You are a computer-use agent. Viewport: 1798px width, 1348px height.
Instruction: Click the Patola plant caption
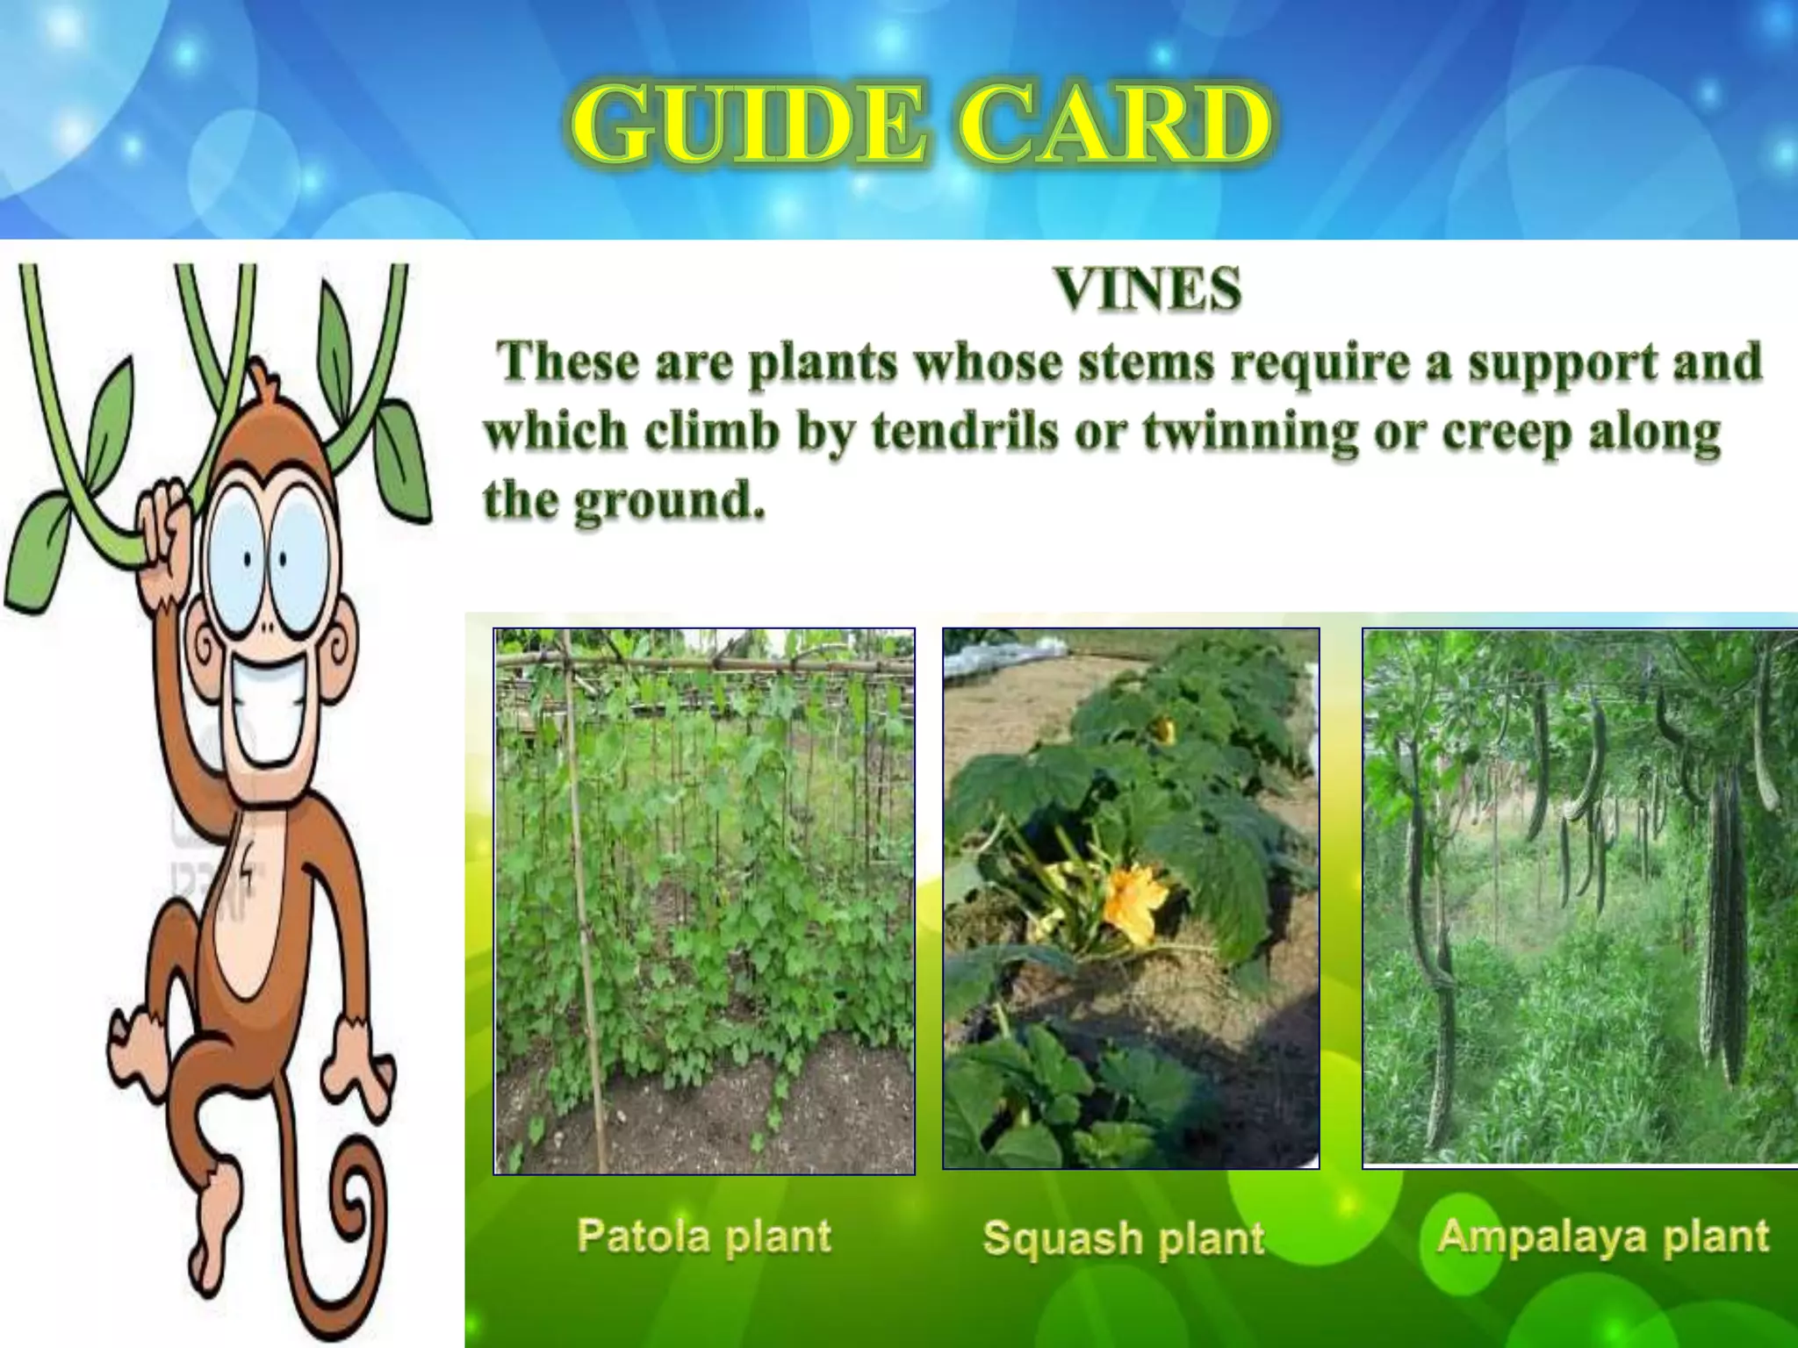704,1236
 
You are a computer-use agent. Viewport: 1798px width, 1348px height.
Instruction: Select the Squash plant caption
1124,1237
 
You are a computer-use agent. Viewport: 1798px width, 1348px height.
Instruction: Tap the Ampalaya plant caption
1603,1236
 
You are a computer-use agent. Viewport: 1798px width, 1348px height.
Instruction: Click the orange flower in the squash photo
1134,902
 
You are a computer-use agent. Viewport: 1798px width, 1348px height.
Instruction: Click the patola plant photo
704,900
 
